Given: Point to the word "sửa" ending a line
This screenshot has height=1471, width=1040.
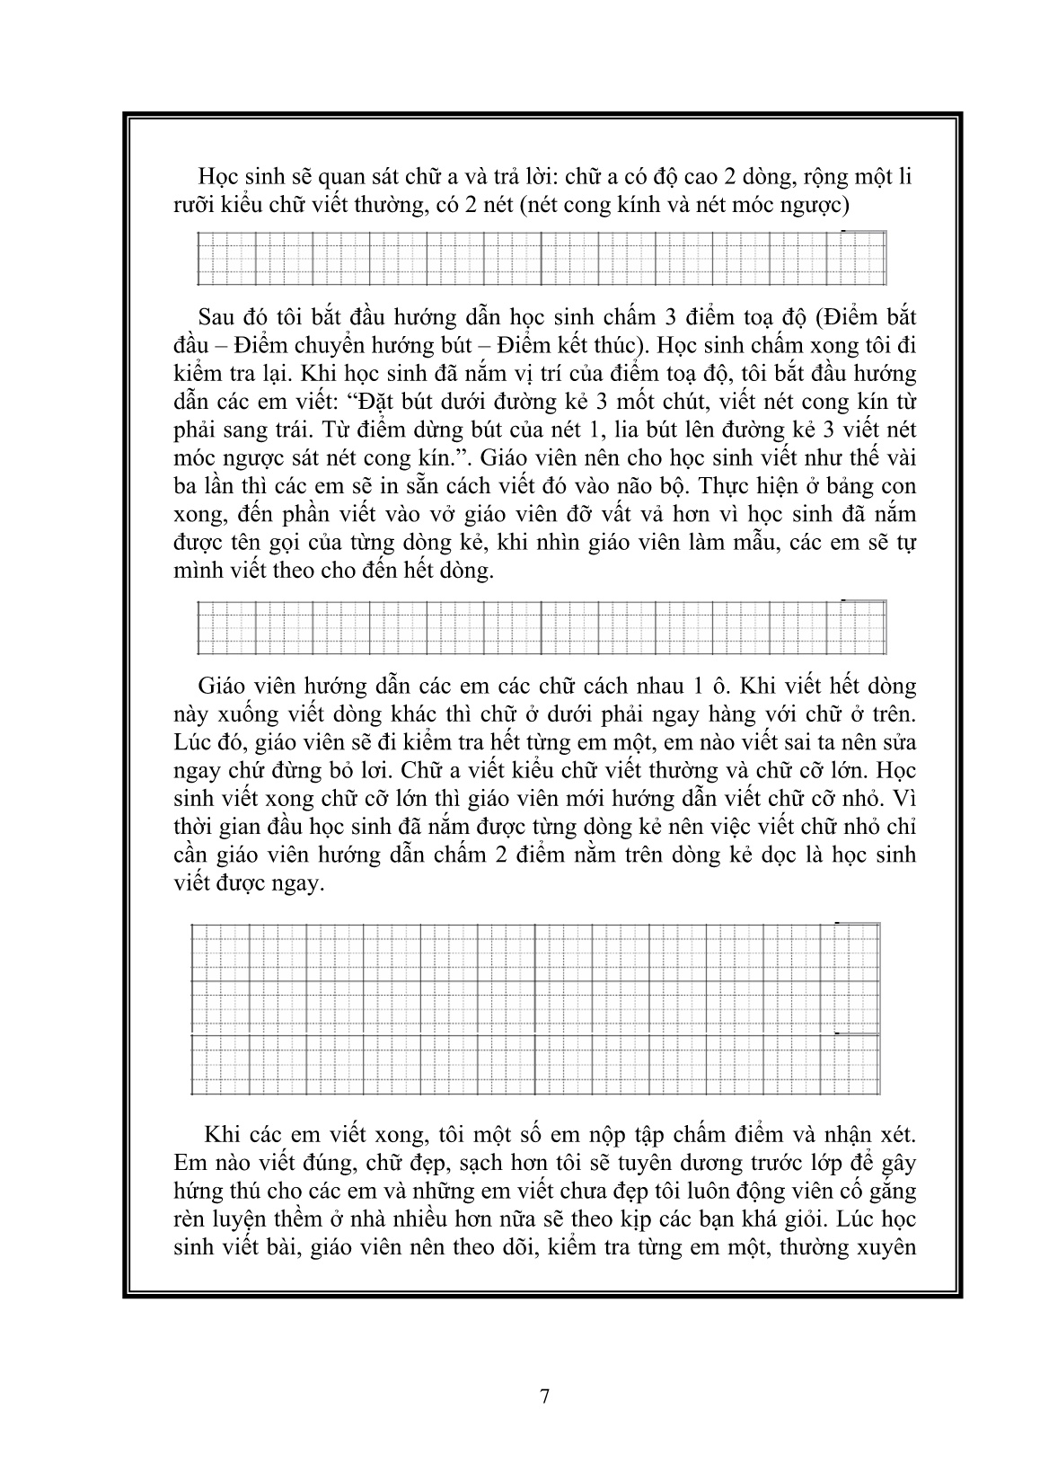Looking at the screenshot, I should click(896, 742).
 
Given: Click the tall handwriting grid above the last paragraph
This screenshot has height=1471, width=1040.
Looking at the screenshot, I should click(536, 1008).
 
